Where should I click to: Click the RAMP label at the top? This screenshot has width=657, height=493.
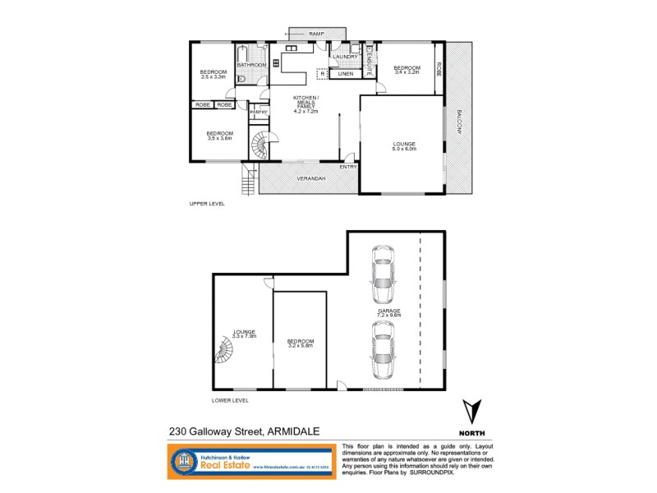pyautogui.click(x=317, y=33)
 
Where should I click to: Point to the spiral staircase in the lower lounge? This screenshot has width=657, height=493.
pyautogui.click(x=225, y=352)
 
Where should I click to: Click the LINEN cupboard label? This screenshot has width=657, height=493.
pyautogui.click(x=346, y=74)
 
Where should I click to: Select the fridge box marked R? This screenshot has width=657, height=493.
pyautogui.click(x=323, y=74)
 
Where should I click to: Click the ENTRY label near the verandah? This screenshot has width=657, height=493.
pyautogui.click(x=348, y=167)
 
